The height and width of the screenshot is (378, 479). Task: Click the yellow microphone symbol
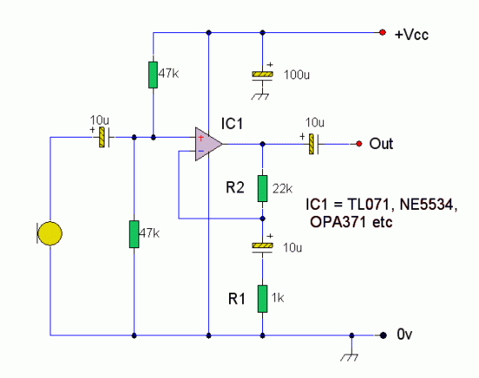(49, 233)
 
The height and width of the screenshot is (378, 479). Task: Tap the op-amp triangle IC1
(208, 144)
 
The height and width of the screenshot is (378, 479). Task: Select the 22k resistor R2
(262, 188)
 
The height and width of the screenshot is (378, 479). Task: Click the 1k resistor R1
(262, 299)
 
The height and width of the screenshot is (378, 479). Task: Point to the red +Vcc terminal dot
(382, 32)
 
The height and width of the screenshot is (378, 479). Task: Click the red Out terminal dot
(359, 144)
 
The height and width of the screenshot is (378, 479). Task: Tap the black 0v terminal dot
(383, 335)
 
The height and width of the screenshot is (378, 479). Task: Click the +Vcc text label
(411, 34)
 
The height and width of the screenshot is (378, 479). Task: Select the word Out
(381, 144)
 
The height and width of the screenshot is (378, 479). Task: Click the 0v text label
(404, 334)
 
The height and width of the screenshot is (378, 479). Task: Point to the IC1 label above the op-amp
(232, 124)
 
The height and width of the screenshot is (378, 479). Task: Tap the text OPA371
(338, 222)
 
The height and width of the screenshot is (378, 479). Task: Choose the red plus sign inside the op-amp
(200, 138)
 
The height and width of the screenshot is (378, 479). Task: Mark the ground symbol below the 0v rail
(349, 357)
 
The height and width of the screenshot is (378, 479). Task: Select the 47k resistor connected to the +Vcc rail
(153, 75)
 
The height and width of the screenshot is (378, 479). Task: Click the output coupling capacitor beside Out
(314, 144)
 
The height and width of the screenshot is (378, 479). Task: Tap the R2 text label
(235, 187)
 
